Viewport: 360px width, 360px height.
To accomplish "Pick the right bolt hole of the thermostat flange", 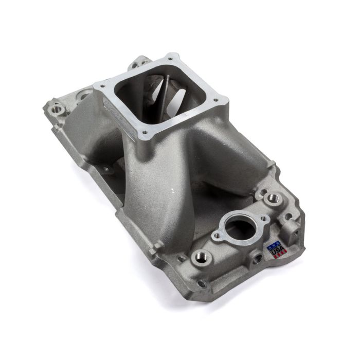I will point(264,218).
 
